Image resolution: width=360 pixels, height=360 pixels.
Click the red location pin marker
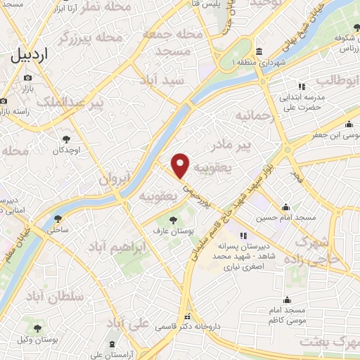pyautogui.click(x=181, y=165)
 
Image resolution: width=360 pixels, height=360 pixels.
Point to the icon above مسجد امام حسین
pyautogui.click(x=286, y=207)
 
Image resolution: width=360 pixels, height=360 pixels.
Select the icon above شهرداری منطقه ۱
pyautogui.click(x=259, y=53)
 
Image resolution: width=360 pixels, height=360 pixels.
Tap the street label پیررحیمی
pyautogui.click(x=193, y=195)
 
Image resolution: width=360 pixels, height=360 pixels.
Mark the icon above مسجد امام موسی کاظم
pyautogui.click(x=285, y=300)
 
